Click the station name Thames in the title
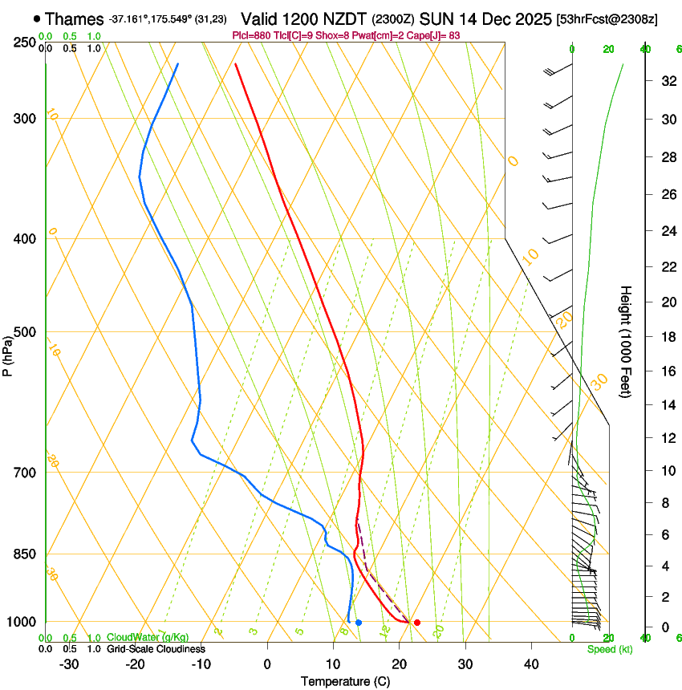(75, 19)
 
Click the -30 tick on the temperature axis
(69, 664)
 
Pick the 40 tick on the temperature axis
(531, 664)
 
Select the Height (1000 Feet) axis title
(627, 342)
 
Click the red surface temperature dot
(416, 623)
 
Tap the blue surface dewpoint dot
(359, 623)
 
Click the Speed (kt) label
(608, 649)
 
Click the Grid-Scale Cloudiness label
(156, 649)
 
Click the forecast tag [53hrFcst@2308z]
(607, 19)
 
